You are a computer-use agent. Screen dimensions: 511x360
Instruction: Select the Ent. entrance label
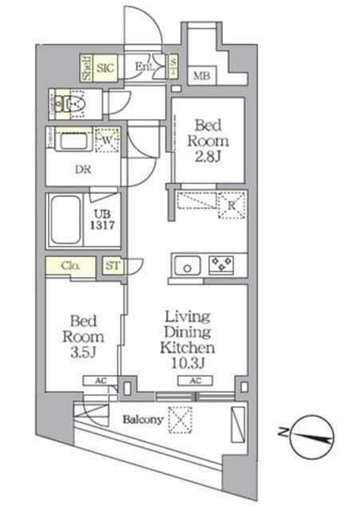point(144,66)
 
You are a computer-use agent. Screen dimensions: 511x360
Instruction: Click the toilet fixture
point(75,102)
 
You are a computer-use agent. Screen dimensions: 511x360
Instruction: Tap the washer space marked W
point(107,141)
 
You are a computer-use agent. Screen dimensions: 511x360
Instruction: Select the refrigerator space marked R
point(230,204)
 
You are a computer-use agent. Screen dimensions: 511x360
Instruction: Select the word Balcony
point(143,419)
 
